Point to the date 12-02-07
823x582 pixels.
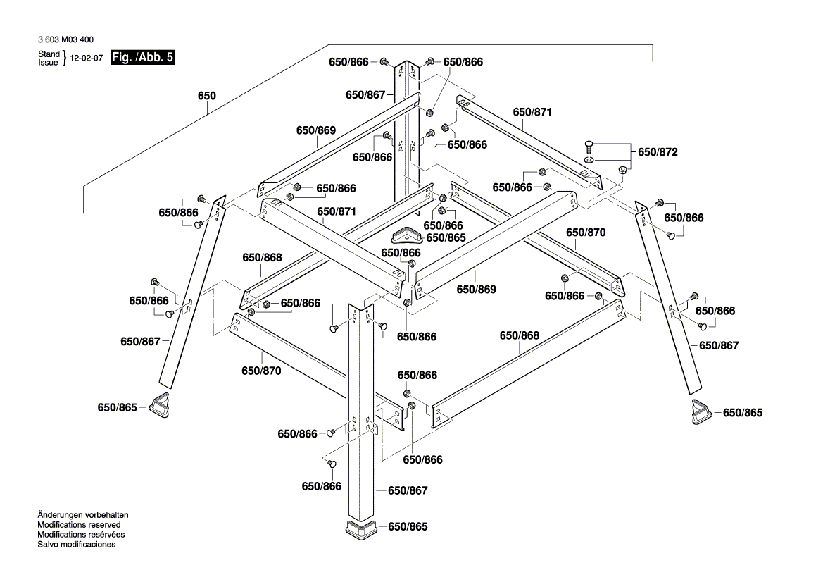87,58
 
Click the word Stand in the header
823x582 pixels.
49,54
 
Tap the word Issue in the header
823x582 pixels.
49,62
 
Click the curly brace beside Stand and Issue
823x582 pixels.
64,58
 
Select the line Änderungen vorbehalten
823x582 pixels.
82,516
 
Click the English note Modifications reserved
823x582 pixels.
79,525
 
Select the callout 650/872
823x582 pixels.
658,152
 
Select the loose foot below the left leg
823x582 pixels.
161,404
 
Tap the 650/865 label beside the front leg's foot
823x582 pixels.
408,527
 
